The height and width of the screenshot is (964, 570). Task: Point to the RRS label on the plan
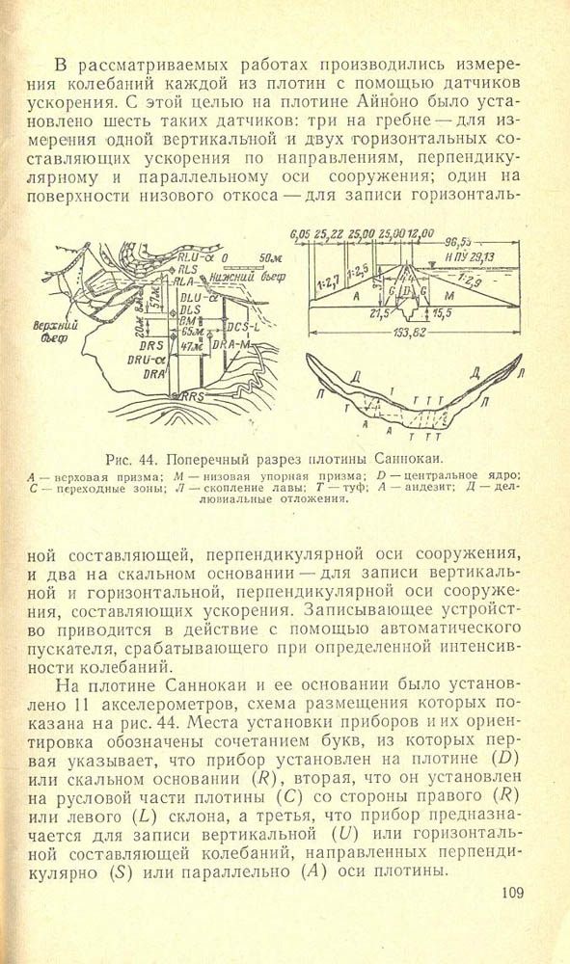click(x=189, y=396)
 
